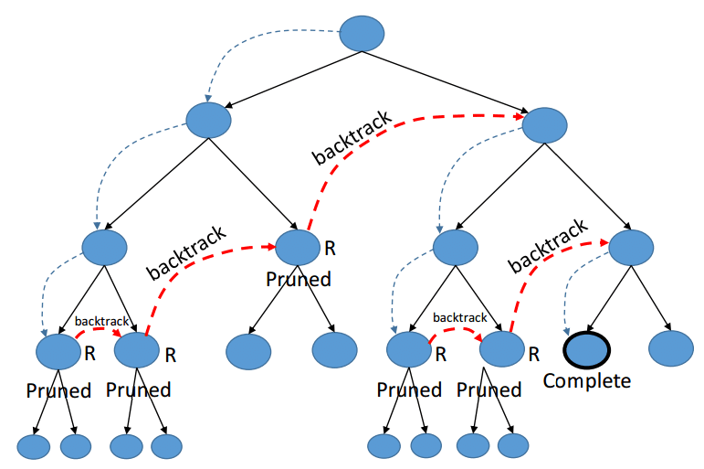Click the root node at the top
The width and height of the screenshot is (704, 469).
tap(362, 34)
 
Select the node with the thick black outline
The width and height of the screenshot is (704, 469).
tap(587, 350)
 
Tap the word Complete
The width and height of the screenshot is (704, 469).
tap(587, 381)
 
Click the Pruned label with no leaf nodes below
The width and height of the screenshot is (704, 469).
tap(299, 279)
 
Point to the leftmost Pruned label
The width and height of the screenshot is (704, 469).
tap(58, 390)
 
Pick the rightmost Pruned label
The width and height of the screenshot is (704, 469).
tap(489, 389)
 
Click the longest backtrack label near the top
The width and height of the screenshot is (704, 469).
tap(352, 137)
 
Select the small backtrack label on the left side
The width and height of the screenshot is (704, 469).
tap(102, 321)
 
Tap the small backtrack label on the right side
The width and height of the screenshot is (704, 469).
tap(460, 317)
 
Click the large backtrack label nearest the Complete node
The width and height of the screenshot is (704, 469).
tap(548, 246)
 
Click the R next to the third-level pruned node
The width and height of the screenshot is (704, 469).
tap(330, 249)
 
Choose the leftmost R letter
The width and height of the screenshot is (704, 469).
tap(89, 354)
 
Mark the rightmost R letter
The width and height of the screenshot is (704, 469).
tap(534, 355)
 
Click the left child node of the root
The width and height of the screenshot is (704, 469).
tap(209, 120)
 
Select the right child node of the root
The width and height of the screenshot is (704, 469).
tap(544, 125)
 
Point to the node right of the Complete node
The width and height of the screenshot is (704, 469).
tap(671, 348)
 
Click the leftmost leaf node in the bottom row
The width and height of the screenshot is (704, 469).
tap(34, 446)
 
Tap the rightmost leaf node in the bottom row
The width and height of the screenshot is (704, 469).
tap(513, 445)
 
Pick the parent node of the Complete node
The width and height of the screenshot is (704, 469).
tap(631, 248)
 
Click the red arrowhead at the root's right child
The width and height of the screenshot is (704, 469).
tap(520, 116)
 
